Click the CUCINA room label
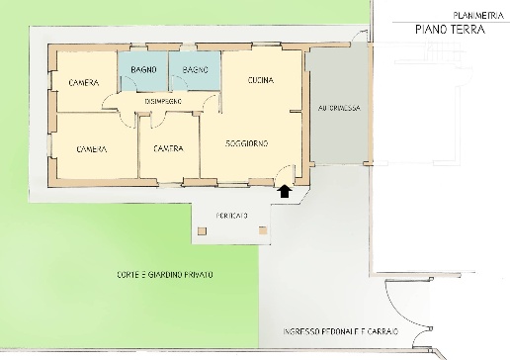pos(260,79)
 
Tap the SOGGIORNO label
pos(244,143)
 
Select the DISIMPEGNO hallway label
pos(161,101)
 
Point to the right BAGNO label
pos(194,68)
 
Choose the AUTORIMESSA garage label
pos(337,108)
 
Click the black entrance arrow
pos(285,193)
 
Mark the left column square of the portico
pos(203,229)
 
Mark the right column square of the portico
pos(263,229)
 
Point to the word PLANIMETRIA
pos(475,15)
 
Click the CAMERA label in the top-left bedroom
pos(83,82)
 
